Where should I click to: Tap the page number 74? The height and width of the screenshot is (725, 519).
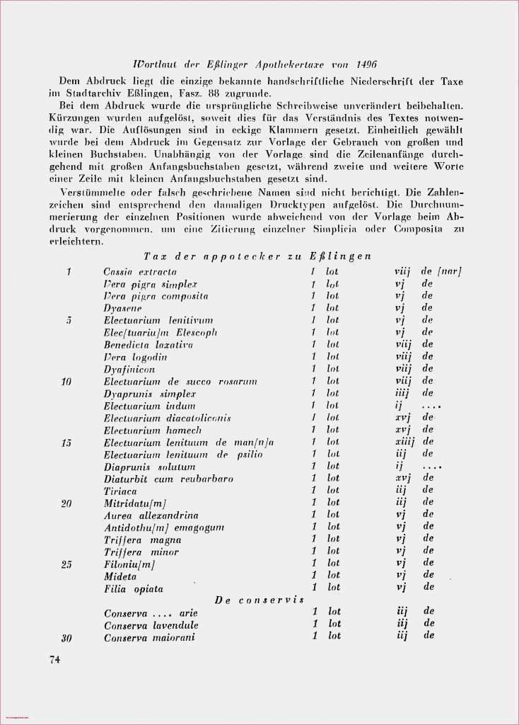point(55,660)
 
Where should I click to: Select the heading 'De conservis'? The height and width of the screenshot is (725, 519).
point(259,600)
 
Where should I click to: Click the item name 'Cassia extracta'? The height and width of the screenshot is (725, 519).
point(140,271)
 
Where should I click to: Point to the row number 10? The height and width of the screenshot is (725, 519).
point(66,381)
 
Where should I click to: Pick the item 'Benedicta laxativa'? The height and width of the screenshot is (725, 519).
point(148,345)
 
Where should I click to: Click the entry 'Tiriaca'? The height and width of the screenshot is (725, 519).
point(120,491)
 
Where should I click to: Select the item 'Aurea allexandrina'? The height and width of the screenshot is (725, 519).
point(151,515)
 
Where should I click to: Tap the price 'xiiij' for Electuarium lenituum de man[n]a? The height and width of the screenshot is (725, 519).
point(405,442)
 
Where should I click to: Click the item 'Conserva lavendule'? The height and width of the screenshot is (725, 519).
point(151,625)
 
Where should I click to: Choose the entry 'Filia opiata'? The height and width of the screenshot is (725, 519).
point(133,588)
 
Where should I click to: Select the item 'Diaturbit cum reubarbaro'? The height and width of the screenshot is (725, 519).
point(168,479)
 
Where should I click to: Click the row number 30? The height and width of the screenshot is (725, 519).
point(66,637)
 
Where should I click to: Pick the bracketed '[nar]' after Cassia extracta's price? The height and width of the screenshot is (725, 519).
point(450,271)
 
